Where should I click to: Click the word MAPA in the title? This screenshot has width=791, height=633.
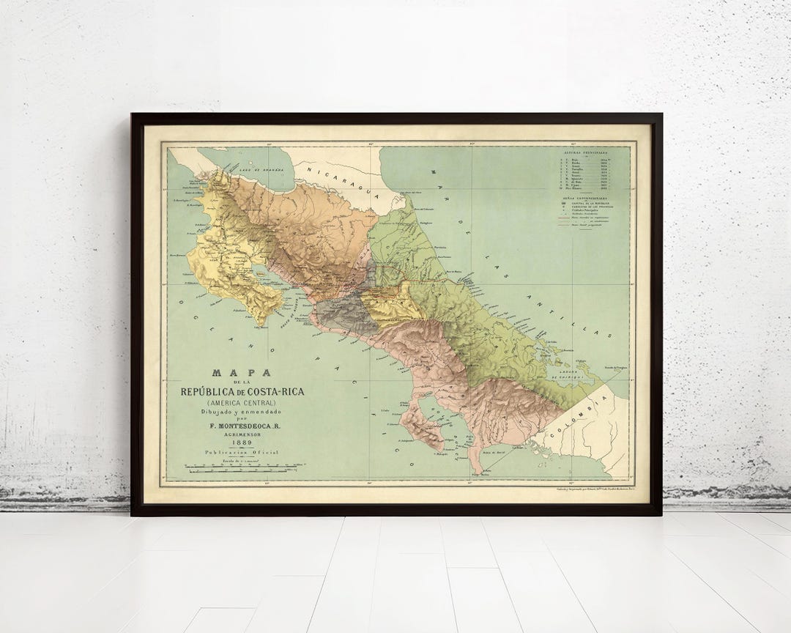click(242, 373)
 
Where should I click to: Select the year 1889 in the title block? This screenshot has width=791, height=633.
click(242, 442)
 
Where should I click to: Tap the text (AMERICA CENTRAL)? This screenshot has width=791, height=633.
click(242, 402)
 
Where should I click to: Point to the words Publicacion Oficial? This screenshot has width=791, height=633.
click(242, 454)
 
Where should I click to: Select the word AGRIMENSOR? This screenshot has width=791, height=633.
click(242, 432)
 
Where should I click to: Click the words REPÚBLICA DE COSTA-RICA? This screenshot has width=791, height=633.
click(242, 391)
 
